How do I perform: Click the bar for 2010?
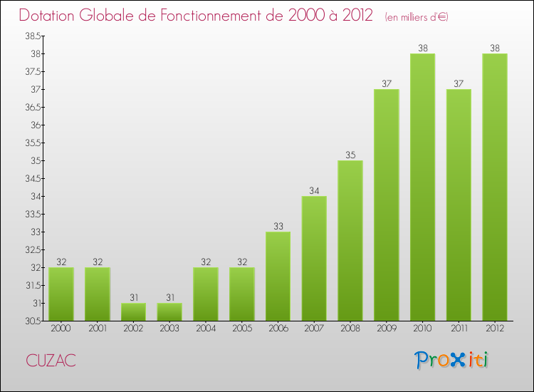[422, 187]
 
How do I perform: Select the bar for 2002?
[133, 312]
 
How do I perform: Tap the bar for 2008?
[350, 240]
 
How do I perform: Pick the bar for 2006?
[278, 276]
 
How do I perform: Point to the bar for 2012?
[494, 187]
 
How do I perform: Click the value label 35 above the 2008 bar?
[350, 155]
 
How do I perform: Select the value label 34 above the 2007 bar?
[314, 190]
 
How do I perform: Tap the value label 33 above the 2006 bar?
[278, 226]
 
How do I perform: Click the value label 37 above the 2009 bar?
[387, 83]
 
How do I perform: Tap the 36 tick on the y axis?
[33, 125]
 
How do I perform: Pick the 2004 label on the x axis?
[205, 329]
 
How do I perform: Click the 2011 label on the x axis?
[459, 329]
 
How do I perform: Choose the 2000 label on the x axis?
[61, 329]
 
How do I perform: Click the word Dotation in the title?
[49, 15]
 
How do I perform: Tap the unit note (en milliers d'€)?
[416, 16]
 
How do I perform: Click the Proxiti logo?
[452, 360]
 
